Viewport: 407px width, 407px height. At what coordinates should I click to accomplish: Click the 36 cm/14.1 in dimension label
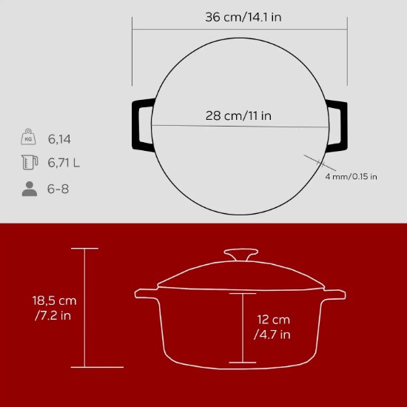(243, 18)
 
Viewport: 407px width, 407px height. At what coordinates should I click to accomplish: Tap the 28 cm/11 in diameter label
(238, 115)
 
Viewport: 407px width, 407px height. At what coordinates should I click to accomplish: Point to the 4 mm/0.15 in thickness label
(351, 176)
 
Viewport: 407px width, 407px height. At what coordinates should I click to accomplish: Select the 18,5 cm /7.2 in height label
(53, 309)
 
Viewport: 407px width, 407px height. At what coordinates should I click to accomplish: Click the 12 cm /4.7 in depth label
(272, 327)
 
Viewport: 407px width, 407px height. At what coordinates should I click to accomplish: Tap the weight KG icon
(29, 138)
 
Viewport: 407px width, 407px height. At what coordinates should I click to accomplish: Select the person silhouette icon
(29, 189)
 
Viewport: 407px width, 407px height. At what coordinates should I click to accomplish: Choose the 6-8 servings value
(58, 189)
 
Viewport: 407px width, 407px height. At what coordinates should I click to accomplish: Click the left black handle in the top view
(141, 125)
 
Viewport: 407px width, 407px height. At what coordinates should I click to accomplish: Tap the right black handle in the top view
(334, 125)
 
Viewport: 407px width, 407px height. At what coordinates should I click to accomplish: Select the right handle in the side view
(334, 294)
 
